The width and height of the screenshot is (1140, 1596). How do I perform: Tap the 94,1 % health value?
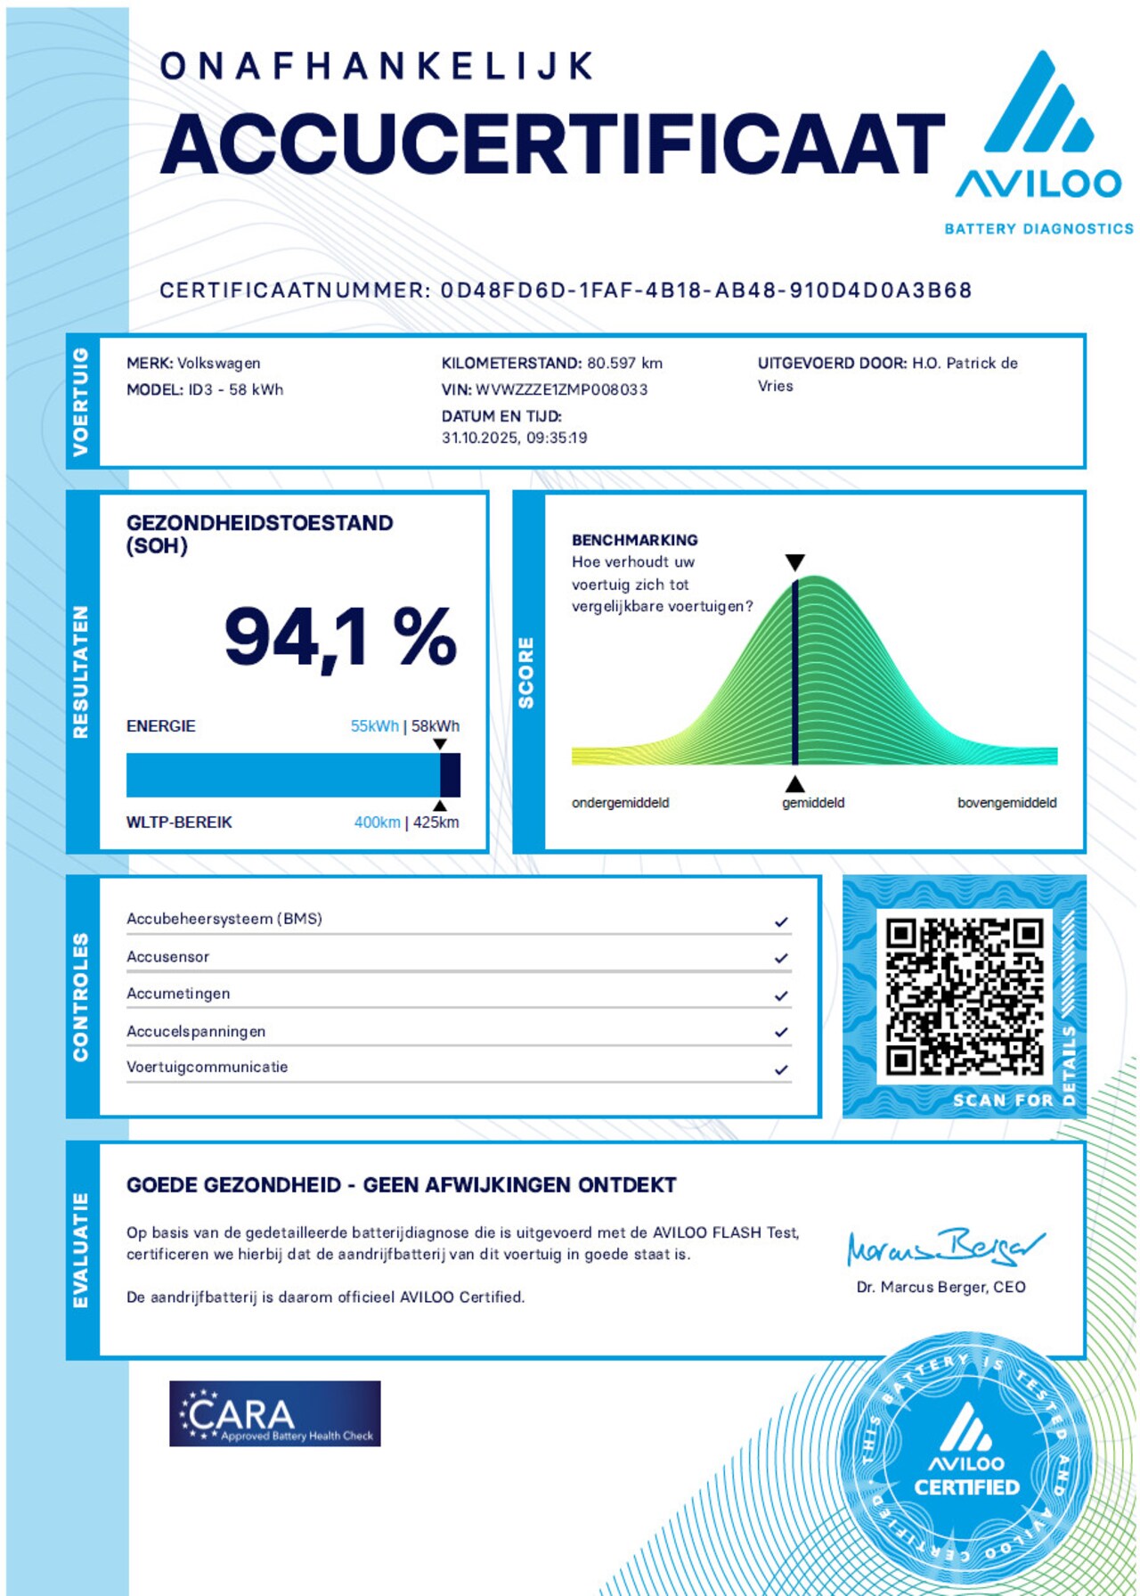pyautogui.click(x=340, y=636)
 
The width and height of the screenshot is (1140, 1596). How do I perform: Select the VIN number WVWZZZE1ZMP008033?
pyautogui.click(x=562, y=389)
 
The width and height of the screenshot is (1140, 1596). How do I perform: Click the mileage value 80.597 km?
pyautogui.click(x=624, y=363)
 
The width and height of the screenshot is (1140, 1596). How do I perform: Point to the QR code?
pyautogui.click(x=964, y=996)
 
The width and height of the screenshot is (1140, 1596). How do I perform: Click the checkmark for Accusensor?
pyautogui.click(x=781, y=958)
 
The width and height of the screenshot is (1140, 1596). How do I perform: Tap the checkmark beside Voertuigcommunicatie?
pyautogui.click(x=781, y=1069)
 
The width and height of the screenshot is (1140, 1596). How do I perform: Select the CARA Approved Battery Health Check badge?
pyautogui.click(x=274, y=1413)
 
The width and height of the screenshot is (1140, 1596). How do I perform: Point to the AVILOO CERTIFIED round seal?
pyautogui.click(x=965, y=1461)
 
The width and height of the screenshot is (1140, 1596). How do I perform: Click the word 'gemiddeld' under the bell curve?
pyautogui.click(x=813, y=803)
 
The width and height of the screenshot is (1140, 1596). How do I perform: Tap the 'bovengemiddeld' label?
pyautogui.click(x=1006, y=803)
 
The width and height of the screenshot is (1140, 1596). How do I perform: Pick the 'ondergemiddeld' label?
pyautogui.click(x=620, y=803)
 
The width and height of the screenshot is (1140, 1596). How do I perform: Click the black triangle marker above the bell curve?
pyautogui.click(x=795, y=562)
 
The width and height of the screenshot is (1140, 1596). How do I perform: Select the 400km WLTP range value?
pyautogui.click(x=377, y=823)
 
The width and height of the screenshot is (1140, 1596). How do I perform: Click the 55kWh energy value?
pyautogui.click(x=374, y=726)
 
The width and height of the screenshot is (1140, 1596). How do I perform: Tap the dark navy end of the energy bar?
pyautogui.click(x=451, y=774)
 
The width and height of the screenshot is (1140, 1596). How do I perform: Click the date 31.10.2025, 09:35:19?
pyautogui.click(x=514, y=438)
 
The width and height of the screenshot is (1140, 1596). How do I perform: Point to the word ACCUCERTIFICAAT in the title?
pyautogui.click(x=552, y=144)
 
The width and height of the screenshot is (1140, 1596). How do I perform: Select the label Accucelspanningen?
pyautogui.click(x=196, y=1031)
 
